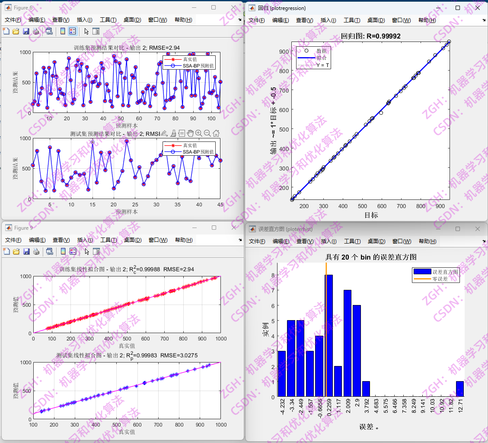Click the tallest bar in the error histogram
tap(329, 335)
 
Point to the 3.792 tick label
tap(366, 409)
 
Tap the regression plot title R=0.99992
tap(371, 36)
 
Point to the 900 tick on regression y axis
tap(284, 51)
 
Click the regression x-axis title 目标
tap(371, 215)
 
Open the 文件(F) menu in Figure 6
tap(13, 20)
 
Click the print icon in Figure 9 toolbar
tap(36, 251)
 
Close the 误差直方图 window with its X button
tap(477, 229)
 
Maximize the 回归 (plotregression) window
tap(458, 8)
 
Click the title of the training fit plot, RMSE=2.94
tap(127, 269)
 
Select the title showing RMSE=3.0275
tap(127, 355)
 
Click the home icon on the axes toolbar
tap(216, 133)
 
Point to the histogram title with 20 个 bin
tap(371, 257)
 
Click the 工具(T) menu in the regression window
tap(351, 20)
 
